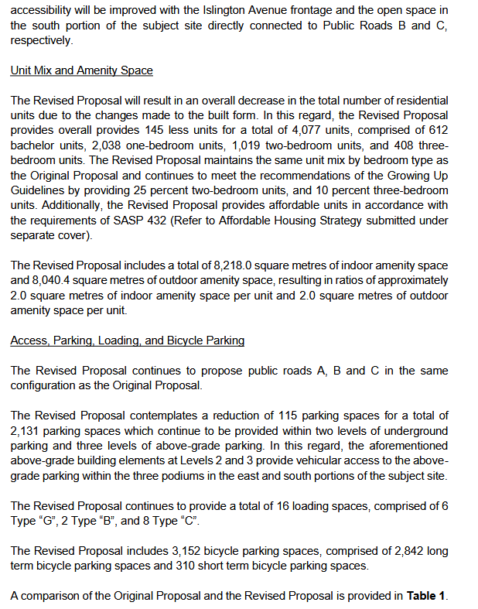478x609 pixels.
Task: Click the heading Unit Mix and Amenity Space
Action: point(81,70)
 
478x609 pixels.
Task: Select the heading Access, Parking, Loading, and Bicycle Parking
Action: point(128,340)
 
